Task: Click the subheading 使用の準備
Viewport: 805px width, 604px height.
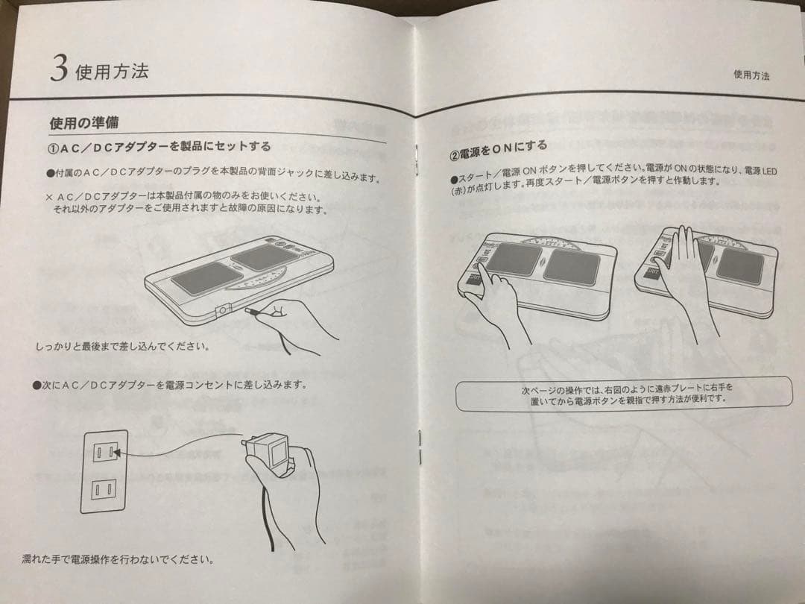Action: point(83,122)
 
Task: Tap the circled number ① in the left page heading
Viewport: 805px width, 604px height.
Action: point(54,145)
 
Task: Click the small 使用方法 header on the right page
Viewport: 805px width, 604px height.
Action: point(751,75)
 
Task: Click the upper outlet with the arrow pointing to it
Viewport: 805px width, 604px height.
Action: point(104,451)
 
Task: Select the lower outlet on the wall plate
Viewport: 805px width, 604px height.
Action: point(103,489)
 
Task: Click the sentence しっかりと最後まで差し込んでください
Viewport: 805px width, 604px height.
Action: point(121,347)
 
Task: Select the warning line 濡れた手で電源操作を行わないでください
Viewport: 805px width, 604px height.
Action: point(117,559)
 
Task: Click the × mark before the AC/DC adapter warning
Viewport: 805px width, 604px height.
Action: point(49,198)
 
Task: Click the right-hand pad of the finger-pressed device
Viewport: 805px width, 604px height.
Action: point(571,266)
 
